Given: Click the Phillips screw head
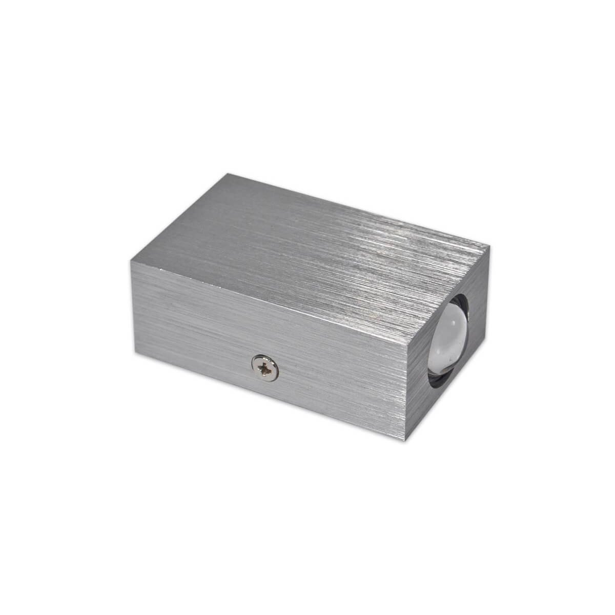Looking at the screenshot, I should coord(264,366).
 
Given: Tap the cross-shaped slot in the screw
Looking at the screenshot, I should coord(264,366).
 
